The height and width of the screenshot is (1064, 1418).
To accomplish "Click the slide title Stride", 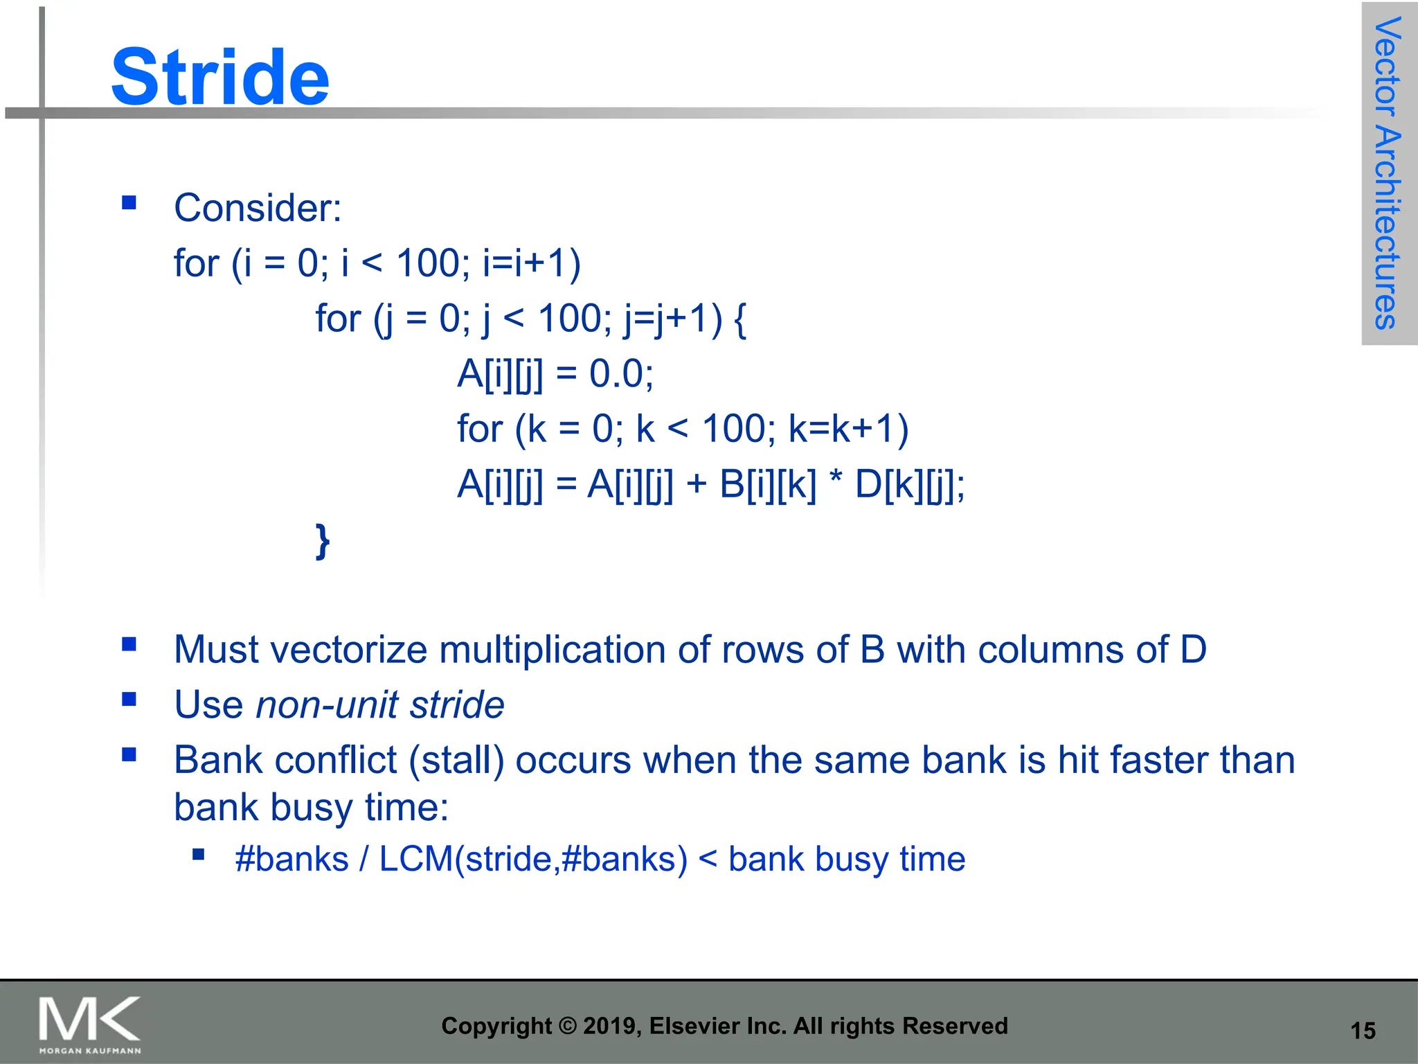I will [220, 78].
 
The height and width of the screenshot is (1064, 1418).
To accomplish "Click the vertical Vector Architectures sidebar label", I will [1388, 173].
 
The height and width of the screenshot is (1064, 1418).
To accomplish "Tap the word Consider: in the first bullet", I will [258, 208].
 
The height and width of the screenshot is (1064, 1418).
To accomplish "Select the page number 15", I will [1363, 1031].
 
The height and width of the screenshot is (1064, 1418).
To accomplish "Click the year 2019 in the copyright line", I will [613, 1026].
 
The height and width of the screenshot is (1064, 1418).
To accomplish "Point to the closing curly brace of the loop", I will [322, 541].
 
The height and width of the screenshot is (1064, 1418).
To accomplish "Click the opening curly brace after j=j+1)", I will [739, 319].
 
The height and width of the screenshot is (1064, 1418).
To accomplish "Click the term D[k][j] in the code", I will [905, 484].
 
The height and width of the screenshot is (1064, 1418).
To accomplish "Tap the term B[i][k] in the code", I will [767, 484].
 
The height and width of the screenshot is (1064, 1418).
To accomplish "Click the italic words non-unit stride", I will [380, 705].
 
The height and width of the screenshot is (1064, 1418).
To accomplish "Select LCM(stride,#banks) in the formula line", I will [533, 860].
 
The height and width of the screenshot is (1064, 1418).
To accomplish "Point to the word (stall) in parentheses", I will [456, 760].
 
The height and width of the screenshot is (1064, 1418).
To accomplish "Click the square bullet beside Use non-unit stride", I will [129, 700].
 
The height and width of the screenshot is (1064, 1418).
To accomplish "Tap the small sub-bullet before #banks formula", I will [199, 855].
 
